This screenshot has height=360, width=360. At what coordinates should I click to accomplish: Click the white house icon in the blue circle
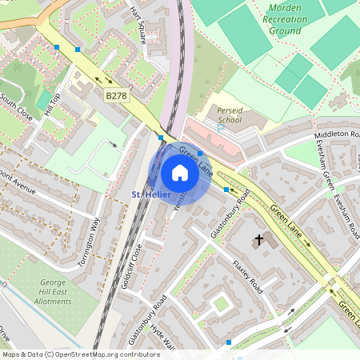click(180, 172)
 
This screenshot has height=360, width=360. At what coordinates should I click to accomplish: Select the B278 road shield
click(117, 96)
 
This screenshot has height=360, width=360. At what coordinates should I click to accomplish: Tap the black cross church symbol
click(258, 239)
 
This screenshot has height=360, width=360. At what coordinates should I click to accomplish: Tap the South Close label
click(16, 108)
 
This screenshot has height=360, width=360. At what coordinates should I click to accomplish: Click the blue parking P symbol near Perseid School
click(221, 128)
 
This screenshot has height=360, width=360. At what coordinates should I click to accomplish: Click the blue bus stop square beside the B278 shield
click(78, 50)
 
